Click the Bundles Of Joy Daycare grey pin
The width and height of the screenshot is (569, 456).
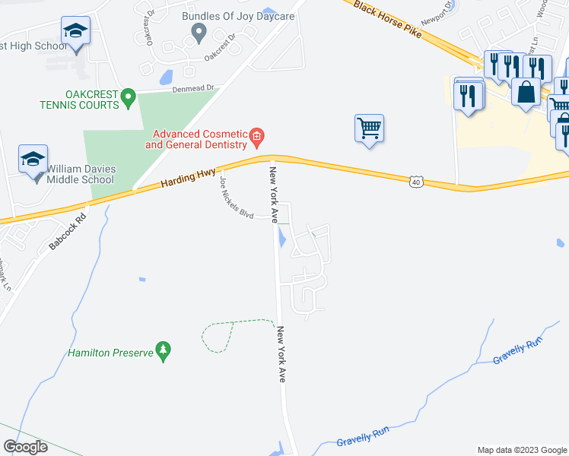199,33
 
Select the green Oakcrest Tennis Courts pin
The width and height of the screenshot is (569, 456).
129,98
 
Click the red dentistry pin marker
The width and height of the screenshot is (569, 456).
257,137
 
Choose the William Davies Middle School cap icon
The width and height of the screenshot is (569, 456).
33,159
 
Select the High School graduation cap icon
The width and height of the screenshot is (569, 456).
75,31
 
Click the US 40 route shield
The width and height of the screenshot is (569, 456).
415,182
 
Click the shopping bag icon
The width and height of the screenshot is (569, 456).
526,93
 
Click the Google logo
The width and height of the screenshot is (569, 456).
25,447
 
